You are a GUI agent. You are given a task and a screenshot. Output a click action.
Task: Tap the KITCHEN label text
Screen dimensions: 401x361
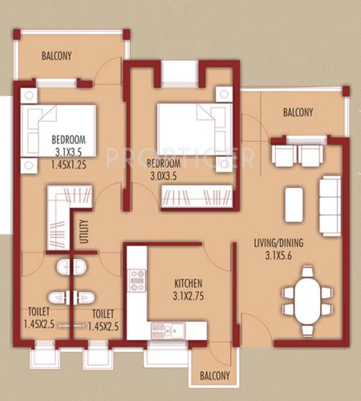click(188, 284)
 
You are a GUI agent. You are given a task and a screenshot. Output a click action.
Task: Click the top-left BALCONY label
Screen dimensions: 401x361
click(56, 56)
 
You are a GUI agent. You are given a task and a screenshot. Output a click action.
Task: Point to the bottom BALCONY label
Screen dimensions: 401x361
click(214, 375)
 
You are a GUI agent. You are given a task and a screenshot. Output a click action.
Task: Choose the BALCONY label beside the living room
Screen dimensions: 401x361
click(298, 113)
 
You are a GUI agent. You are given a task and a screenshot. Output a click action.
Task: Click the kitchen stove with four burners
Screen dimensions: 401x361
click(137, 280)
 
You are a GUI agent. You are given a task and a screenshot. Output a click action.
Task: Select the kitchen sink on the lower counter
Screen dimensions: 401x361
click(176, 330)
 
